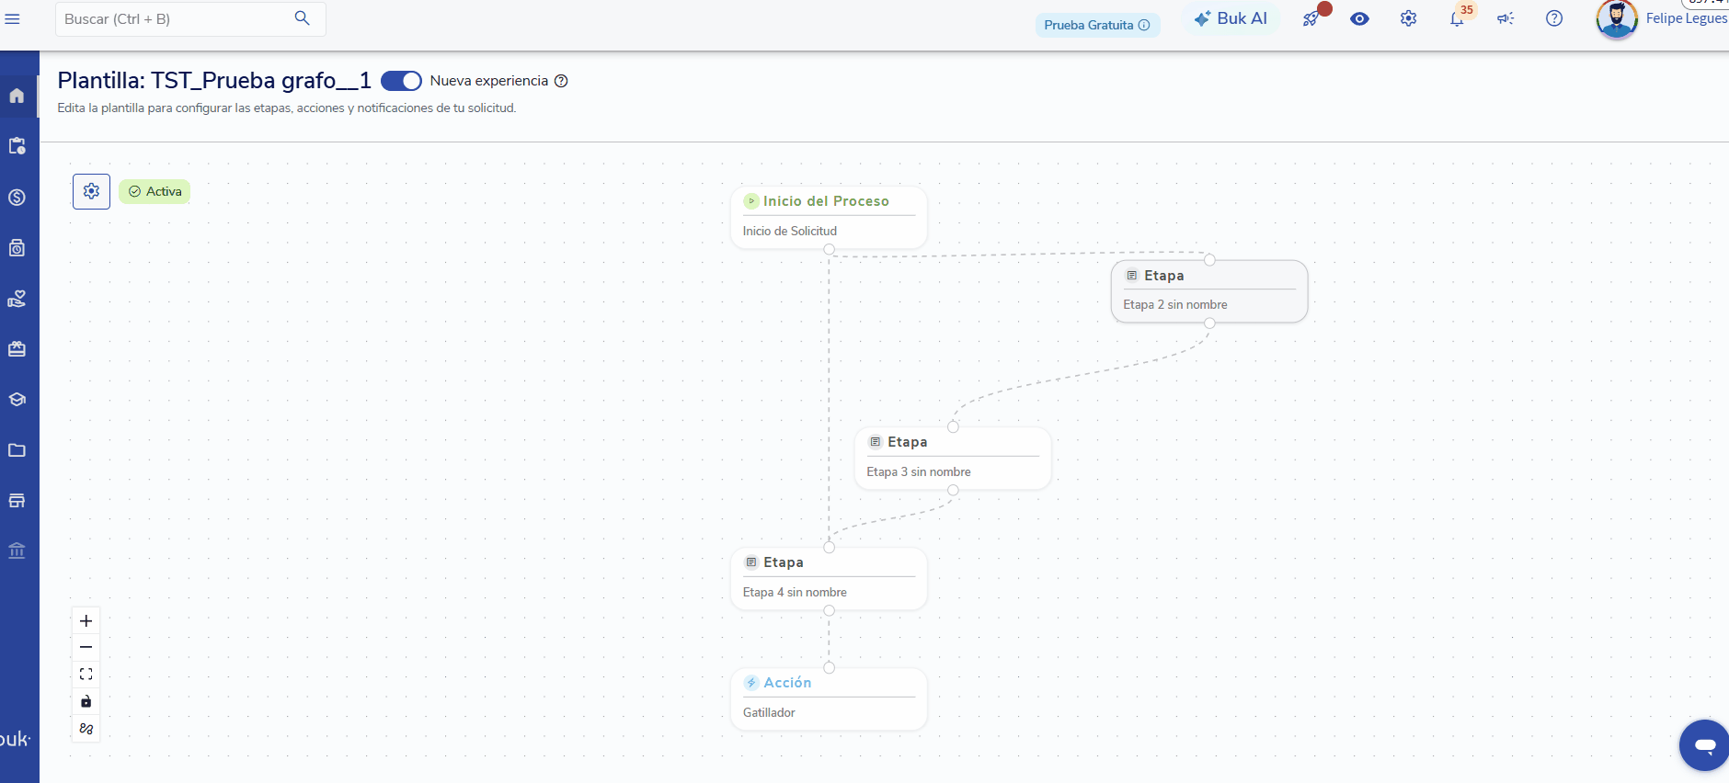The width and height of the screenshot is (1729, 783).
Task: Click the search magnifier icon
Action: pyautogui.click(x=302, y=18)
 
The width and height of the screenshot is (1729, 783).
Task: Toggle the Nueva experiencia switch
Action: pyautogui.click(x=401, y=81)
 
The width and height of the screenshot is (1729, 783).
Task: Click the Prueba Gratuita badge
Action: pyautogui.click(x=1097, y=25)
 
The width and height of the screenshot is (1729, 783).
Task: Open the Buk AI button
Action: pyautogui.click(x=1231, y=18)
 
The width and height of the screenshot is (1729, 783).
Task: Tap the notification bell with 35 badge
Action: pyautogui.click(x=1458, y=18)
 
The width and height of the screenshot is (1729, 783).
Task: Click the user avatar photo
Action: pyautogui.click(x=1617, y=18)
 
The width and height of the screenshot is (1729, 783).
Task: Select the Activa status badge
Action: pyautogui.click(x=155, y=191)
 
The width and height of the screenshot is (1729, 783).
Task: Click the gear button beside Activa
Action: pyautogui.click(x=91, y=191)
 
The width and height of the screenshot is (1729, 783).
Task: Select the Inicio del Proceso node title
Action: pyautogui.click(x=826, y=201)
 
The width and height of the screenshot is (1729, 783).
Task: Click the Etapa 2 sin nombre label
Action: pyautogui.click(x=1175, y=305)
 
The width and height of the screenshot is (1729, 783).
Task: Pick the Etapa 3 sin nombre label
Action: pyautogui.click(x=919, y=472)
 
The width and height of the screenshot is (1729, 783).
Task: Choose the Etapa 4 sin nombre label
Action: pyautogui.click(x=795, y=593)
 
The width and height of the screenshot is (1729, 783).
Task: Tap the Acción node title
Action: pyautogui.click(x=787, y=683)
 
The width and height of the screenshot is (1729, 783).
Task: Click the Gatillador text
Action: pyautogui.click(x=769, y=713)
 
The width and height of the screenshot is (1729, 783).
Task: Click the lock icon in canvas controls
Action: pyautogui.click(x=86, y=702)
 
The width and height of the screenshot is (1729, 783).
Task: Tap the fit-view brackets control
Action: pyautogui.click(x=86, y=675)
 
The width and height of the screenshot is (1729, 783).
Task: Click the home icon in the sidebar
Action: pyautogui.click(x=17, y=96)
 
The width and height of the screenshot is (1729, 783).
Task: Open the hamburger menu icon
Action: pyautogui.click(x=13, y=18)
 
